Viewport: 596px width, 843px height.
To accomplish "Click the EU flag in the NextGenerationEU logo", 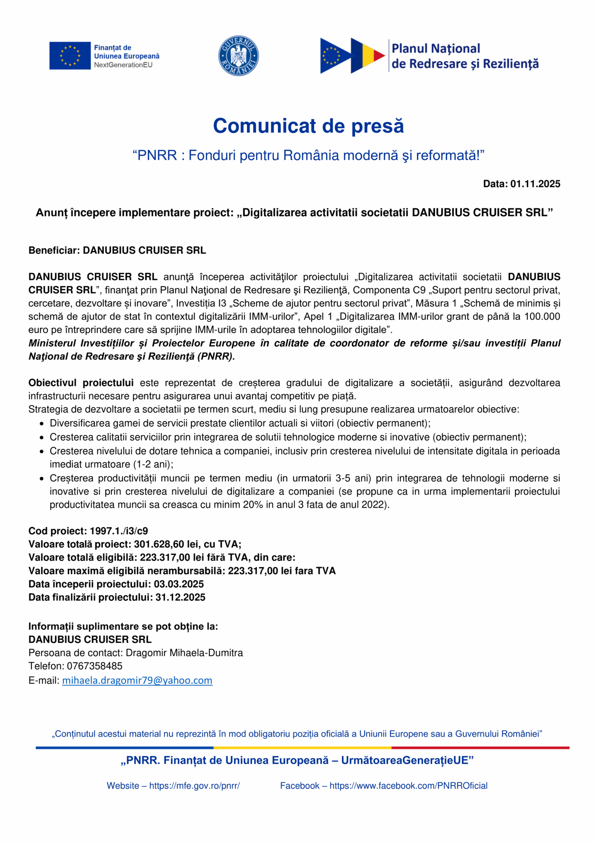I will pyautogui.click(x=70, y=56).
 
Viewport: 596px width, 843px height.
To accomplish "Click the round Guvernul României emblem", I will pyautogui.click(x=239, y=56).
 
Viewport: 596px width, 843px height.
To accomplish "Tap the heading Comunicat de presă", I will pyautogui.click(x=308, y=126).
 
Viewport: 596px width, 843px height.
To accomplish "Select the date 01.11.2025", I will pyautogui.click(x=535, y=184).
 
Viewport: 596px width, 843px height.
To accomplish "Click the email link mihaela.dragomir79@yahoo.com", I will pyautogui.click(x=137, y=680).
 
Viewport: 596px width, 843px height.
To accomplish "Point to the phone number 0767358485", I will pyautogui.click(x=94, y=666).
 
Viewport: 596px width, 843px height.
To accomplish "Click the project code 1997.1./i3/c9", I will pyautogui.click(x=119, y=531).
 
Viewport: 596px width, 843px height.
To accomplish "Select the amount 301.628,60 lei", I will pyautogui.click(x=164, y=544).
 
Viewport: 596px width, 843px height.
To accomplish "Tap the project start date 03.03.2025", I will pyautogui.click(x=179, y=584).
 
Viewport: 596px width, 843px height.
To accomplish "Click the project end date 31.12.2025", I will pyautogui.click(x=180, y=597).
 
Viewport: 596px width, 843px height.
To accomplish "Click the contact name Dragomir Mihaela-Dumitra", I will pyautogui.click(x=184, y=653).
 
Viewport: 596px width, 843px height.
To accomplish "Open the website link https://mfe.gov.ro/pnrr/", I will pyautogui.click(x=194, y=786).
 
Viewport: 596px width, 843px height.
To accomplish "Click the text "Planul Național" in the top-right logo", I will pyautogui.click(x=436, y=48).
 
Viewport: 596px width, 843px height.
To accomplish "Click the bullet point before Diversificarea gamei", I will pyautogui.click(x=41, y=424).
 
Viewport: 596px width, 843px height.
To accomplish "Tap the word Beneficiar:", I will pyautogui.click(x=54, y=250).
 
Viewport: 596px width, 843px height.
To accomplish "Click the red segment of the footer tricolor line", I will pyautogui.click(x=480, y=748).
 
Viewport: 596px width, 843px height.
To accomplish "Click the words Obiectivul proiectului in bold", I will pyautogui.click(x=81, y=383).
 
